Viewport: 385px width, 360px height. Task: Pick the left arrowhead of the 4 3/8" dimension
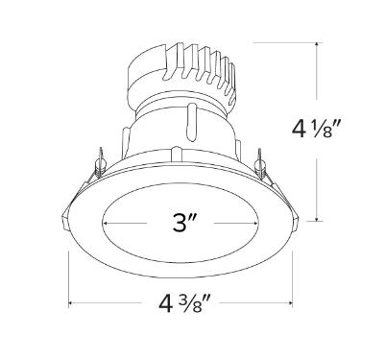(x=71, y=304)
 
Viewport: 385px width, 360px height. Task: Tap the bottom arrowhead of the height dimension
(x=319, y=218)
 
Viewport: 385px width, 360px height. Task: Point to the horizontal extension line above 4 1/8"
(x=288, y=44)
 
